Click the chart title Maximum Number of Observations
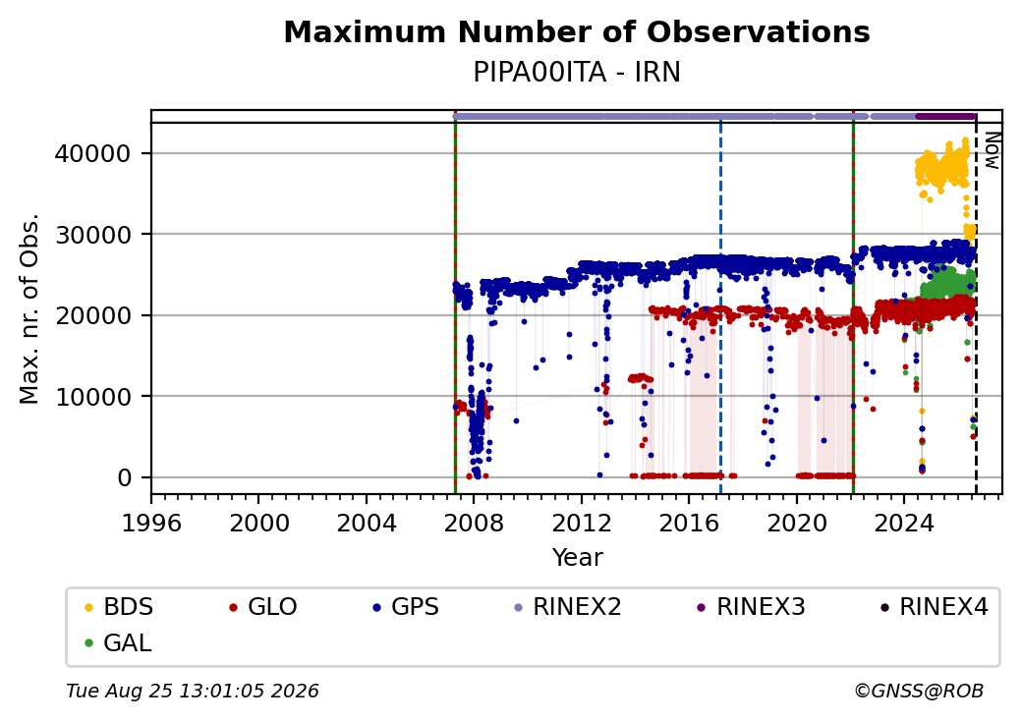point(577,31)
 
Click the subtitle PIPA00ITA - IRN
point(577,73)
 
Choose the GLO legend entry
point(263,607)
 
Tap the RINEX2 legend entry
point(568,607)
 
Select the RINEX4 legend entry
point(934,607)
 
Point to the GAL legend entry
point(119,642)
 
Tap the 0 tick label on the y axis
point(125,478)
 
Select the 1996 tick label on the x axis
point(151,523)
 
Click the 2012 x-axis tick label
point(582,523)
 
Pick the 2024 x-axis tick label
point(904,523)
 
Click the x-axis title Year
point(578,558)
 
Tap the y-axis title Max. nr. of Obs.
point(29,308)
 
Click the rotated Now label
point(992,150)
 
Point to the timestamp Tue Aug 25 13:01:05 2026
point(193,691)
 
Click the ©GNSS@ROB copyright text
point(919,691)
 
